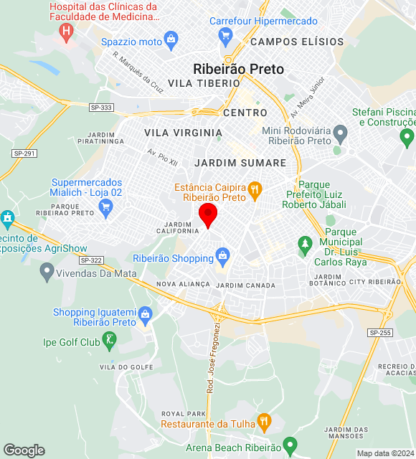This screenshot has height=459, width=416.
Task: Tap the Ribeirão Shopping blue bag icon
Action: point(222,255)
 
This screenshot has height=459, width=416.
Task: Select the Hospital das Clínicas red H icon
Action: point(67,31)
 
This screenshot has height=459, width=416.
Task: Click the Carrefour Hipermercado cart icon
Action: point(227,34)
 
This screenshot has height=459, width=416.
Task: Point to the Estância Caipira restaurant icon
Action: point(254,190)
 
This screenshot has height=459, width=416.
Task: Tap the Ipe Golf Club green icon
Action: point(109,340)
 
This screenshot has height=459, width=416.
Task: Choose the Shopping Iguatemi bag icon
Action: point(146,314)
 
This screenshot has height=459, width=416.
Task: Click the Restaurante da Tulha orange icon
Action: point(265,421)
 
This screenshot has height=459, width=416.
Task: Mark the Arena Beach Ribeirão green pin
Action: point(290,445)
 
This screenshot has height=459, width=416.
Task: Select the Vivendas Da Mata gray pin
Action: point(47,271)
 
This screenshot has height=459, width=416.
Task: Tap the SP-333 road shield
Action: point(102,108)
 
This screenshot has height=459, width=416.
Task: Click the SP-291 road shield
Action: point(24,153)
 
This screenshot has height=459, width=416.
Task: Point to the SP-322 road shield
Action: point(92,260)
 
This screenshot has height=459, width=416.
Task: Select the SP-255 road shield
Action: point(379,333)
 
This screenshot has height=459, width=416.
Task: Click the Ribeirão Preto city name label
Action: point(238,70)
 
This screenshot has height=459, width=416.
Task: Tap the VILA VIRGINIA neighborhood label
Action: point(183,133)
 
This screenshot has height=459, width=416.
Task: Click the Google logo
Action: point(24,450)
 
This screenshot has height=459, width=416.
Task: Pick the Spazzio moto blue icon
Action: point(171,38)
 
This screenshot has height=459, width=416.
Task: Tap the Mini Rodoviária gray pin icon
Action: point(341,133)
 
